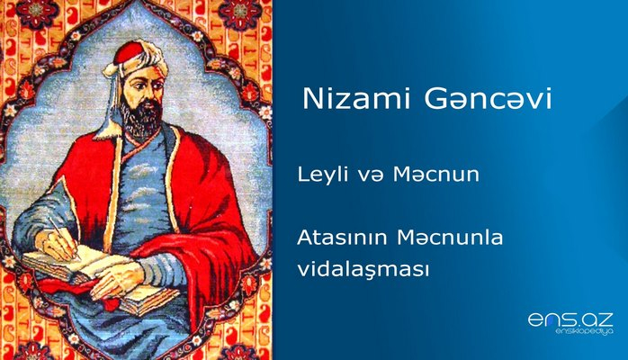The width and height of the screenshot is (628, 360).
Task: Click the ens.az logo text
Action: tap(569, 319)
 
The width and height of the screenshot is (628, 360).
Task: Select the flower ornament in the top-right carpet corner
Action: tap(240, 13)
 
